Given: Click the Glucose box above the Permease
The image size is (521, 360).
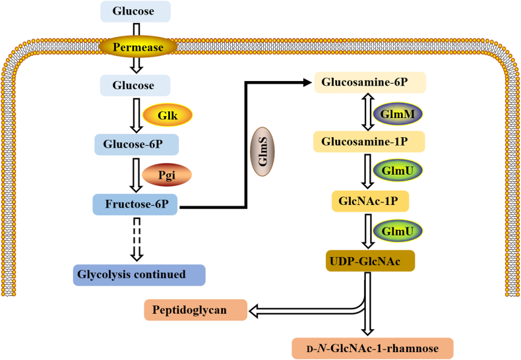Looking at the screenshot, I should coord(135,11).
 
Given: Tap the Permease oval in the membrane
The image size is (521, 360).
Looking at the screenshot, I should coord(137,47).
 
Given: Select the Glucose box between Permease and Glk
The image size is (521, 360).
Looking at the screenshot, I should coord(135,85).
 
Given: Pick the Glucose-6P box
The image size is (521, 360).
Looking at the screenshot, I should coord(135,144).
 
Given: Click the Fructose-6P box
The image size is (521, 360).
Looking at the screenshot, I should coord(135,204).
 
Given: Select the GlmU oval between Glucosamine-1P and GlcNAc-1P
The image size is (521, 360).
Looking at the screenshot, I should coord(398,171).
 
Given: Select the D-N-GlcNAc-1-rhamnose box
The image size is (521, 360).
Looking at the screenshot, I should coord(373,347).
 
